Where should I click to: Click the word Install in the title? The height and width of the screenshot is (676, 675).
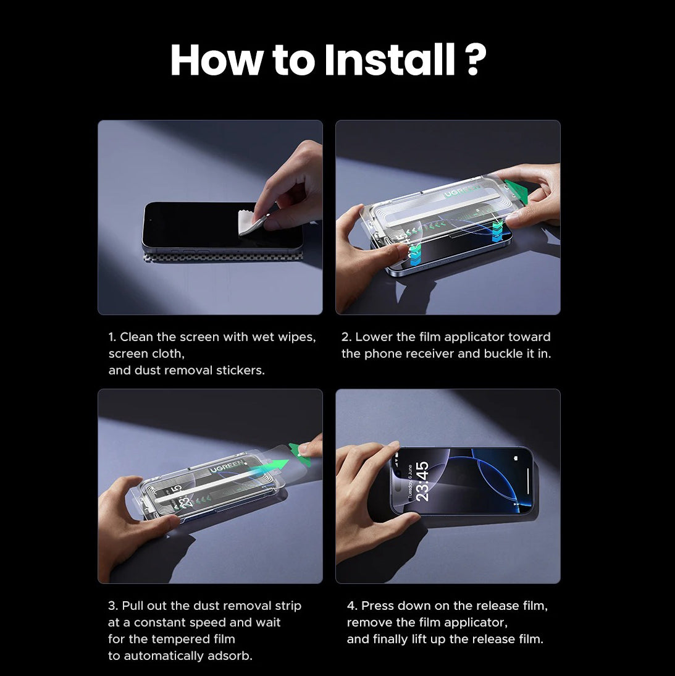pos(390,60)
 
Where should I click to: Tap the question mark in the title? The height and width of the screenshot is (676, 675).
pos(474,60)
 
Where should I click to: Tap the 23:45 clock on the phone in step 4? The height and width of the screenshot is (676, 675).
pos(422,481)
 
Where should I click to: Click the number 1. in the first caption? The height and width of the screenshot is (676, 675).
pos(112,337)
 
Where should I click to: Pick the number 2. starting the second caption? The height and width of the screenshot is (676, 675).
pos(346,337)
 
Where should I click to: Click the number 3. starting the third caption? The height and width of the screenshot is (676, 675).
pos(113,606)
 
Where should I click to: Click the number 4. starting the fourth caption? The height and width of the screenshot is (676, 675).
pos(352,606)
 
